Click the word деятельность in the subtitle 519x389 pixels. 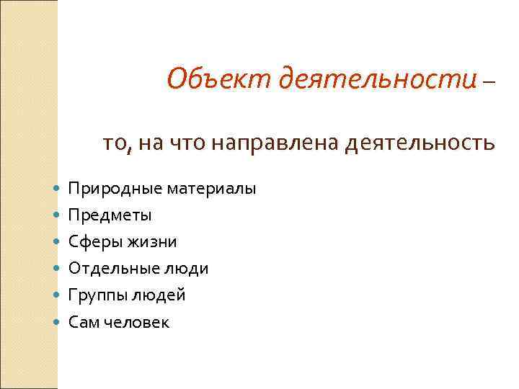pos(420,143)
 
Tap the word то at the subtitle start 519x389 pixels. pos(116,143)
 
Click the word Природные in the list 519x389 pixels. pos(115,189)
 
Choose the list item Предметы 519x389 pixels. pos(110,215)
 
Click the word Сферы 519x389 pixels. pos(95,242)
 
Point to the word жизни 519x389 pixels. pos(152,242)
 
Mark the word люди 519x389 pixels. pos(186,269)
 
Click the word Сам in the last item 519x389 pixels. pos(82,322)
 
